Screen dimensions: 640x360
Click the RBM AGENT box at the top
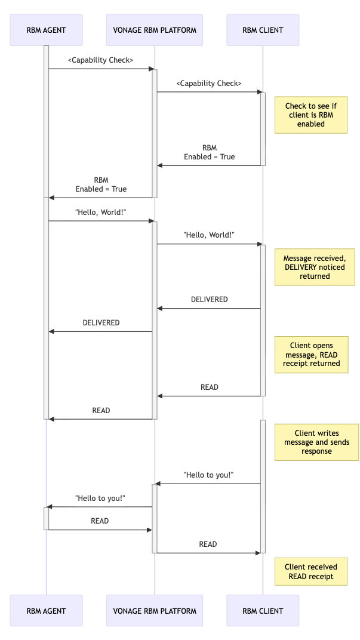[x=46, y=30]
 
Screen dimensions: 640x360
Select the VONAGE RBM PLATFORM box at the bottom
[x=154, y=610]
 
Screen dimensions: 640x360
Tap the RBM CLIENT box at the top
[x=263, y=30]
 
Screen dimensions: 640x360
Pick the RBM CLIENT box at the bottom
[x=263, y=610]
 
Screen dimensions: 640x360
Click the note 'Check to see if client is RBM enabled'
[x=310, y=115]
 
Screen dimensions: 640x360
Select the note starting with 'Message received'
[x=314, y=267]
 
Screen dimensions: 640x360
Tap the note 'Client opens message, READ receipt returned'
[x=311, y=355]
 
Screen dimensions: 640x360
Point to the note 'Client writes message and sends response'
[x=316, y=442]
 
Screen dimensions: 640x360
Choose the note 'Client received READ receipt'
[x=310, y=571]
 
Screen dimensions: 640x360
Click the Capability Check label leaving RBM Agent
[x=100, y=60]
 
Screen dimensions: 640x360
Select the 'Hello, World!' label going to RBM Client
[x=209, y=235]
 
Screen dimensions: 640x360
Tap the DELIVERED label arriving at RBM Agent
[x=101, y=322]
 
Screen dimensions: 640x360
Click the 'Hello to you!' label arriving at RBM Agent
[x=100, y=498]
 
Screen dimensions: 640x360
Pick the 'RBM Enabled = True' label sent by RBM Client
[x=209, y=152]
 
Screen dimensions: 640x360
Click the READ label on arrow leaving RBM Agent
[x=100, y=521]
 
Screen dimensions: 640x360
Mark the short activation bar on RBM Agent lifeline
[x=46, y=518]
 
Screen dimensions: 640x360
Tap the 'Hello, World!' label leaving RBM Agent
[x=100, y=212]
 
